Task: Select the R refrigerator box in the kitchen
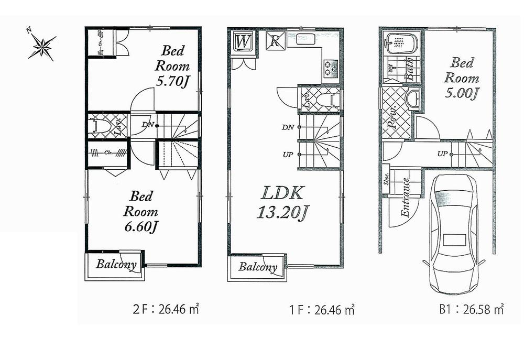[x=275, y=41]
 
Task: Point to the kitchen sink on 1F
[x=307, y=38]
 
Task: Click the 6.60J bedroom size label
[x=140, y=226]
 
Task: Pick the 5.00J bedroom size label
[x=462, y=93]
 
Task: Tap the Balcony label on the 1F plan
[x=258, y=267]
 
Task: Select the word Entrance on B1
[x=405, y=198]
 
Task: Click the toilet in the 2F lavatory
[x=100, y=126]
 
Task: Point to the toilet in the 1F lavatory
[x=326, y=98]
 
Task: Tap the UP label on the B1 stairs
[x=442, y=154]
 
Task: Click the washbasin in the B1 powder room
[x=414, y=98]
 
